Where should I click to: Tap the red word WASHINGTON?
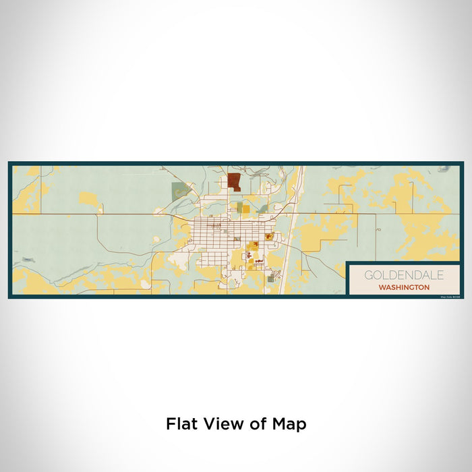point(404,287)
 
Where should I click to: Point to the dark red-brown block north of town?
point(234,182)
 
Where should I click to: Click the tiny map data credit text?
point(449,295)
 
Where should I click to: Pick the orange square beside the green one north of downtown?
point(245,209)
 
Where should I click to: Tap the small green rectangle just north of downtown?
point(237,209)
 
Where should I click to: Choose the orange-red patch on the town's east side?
point(269,236)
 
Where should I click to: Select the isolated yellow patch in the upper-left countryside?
point(88,198)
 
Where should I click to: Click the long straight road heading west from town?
point(101,214)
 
